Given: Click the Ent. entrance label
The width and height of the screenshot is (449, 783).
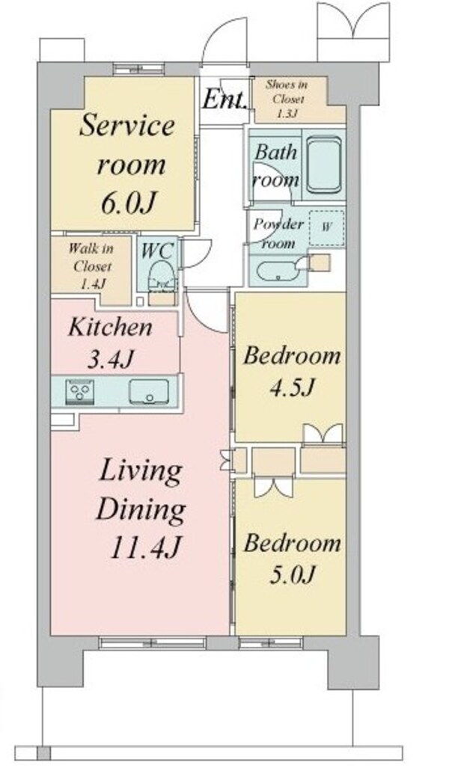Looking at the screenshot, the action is click(x=224, y=99).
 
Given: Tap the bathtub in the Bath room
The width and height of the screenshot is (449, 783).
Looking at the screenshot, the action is click(x=324, y=165).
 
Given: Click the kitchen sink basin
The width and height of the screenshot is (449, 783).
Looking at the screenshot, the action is click(x=149, y=392).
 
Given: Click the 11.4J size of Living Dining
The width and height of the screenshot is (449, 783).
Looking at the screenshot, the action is click(x=144, y=547).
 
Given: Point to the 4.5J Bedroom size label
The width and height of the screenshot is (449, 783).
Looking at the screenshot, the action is click(x=292, y=387).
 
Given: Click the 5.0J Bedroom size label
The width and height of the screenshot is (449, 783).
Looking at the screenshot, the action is click(x=292, y=575).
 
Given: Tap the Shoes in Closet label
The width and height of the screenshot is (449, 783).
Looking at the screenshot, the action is click(x=287, y=99).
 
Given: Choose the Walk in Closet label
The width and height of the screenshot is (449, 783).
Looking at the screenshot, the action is click(x=91, y=266).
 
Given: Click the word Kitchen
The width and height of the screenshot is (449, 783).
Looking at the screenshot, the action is click(x=110, y=327).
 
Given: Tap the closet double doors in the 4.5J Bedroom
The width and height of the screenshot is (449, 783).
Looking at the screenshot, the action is click(x=323, y=434).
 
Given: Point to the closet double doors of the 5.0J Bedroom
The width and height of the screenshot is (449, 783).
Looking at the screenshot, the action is click(x=273, y=487).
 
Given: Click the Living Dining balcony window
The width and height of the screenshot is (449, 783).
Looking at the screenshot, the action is click(x=153, y=642).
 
